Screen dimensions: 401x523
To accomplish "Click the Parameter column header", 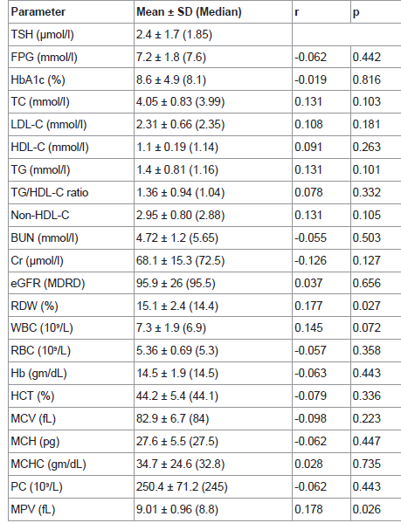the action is pyautogui.click(x=38, y=12).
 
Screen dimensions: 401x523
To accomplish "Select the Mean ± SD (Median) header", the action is pyautogui.click(x=189, y=12).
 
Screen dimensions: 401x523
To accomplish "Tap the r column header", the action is pyautogui.click(x=296, y=12).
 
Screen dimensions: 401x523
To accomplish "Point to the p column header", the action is pyautogui.click(x=356, y=13).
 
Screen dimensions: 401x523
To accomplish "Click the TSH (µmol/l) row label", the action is pyautogui.click(x=42, y=35).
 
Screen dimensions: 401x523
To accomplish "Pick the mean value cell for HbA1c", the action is pyautogui.click(x=171, y=80).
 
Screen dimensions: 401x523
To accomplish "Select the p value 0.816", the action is pyautogui.click(x=367, y=80).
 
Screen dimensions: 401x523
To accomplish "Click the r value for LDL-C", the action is pyautogui.click(x=308, y=124).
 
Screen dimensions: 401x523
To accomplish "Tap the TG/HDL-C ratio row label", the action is pyautogui.click(x=50, y=192).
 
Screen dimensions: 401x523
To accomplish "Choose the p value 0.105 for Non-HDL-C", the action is pyautogui.click(x=367, y=215).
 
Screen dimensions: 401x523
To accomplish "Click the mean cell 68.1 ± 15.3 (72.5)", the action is pyautogui.click(x=181, y=260).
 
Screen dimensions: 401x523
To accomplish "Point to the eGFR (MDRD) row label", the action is pyautogui.click(x=48, y=283).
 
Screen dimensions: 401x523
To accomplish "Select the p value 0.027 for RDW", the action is pyautogui.click(x=367, y=306).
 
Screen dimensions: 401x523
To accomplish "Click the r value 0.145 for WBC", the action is pyautogui.click(x=308, y=328).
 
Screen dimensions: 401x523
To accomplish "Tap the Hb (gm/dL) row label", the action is pyautogui.click(x=39, y=373).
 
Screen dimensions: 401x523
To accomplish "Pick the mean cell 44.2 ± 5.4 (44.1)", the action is pyautogui.click(x=177, y=396).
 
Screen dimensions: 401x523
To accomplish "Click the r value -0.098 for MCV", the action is pyautogui.click(x=310, y=418).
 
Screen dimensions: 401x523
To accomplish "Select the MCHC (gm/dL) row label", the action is pyautogui.click(x=48, y=464).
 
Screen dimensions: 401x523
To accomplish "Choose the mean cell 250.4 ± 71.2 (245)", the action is pyautogui.click(x=182, y=486).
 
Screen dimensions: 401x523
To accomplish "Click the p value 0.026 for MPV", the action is pyautogui.click(x=367, y=509).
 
